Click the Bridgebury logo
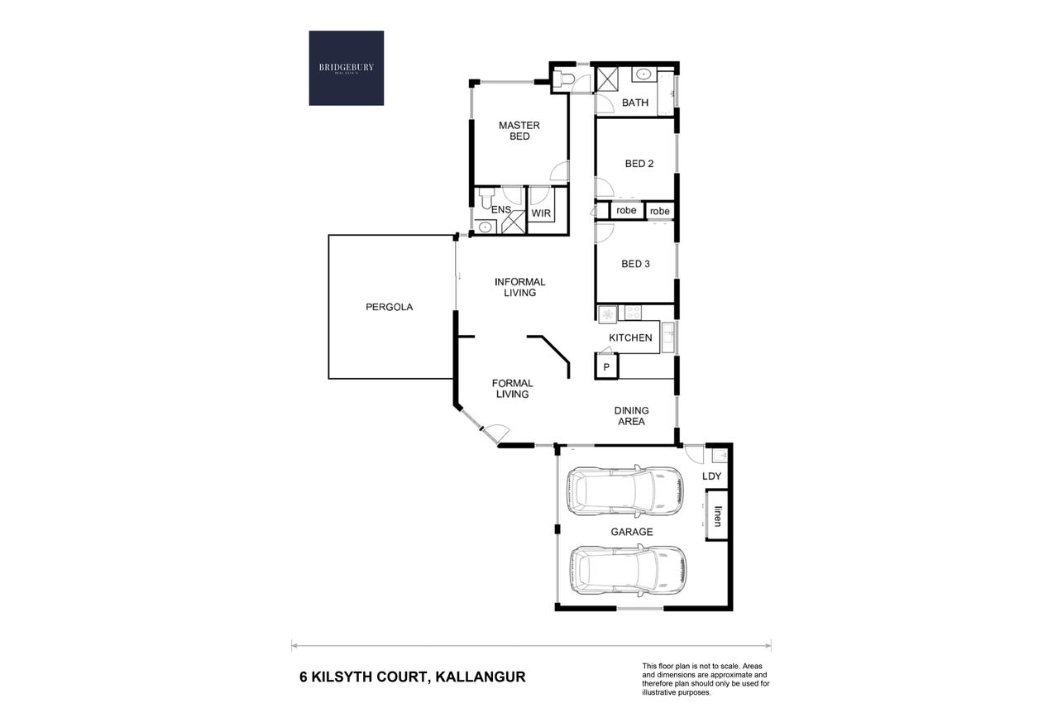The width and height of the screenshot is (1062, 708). point(346,68)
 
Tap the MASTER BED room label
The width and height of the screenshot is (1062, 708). point(519,131)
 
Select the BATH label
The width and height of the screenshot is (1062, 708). point(635,103)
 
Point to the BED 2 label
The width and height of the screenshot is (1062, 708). point(639,164)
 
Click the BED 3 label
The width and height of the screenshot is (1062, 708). point(635,264)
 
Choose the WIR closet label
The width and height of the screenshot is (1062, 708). point(541,213)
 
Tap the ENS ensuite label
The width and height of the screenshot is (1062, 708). point(501,209)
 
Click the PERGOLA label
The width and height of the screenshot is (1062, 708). point(389,307)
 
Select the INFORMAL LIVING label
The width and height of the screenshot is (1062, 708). point(519,287)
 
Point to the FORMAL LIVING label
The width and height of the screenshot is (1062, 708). point(512,389)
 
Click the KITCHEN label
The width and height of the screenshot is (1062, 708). point(630,337)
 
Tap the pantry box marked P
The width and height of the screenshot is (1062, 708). point(606,366)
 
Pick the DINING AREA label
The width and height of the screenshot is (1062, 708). point(632,416)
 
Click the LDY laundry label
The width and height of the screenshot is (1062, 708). point(711,476)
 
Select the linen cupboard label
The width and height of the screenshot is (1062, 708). point(718,516)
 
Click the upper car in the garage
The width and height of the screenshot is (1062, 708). point(624,490)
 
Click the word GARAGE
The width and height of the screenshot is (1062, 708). point(632,532)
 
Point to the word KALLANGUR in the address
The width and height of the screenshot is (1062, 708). point(481,677)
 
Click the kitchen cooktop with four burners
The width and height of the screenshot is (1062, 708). point(633,313)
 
